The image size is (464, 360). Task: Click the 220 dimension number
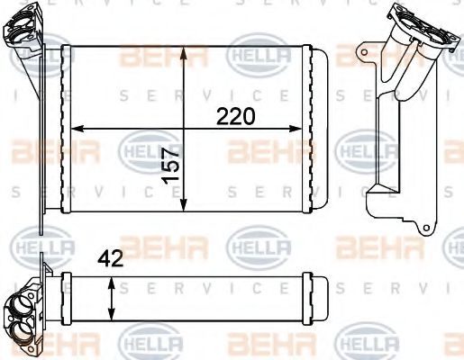[x=236, y=116]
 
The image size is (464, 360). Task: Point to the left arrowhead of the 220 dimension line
[x=75, y=128]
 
